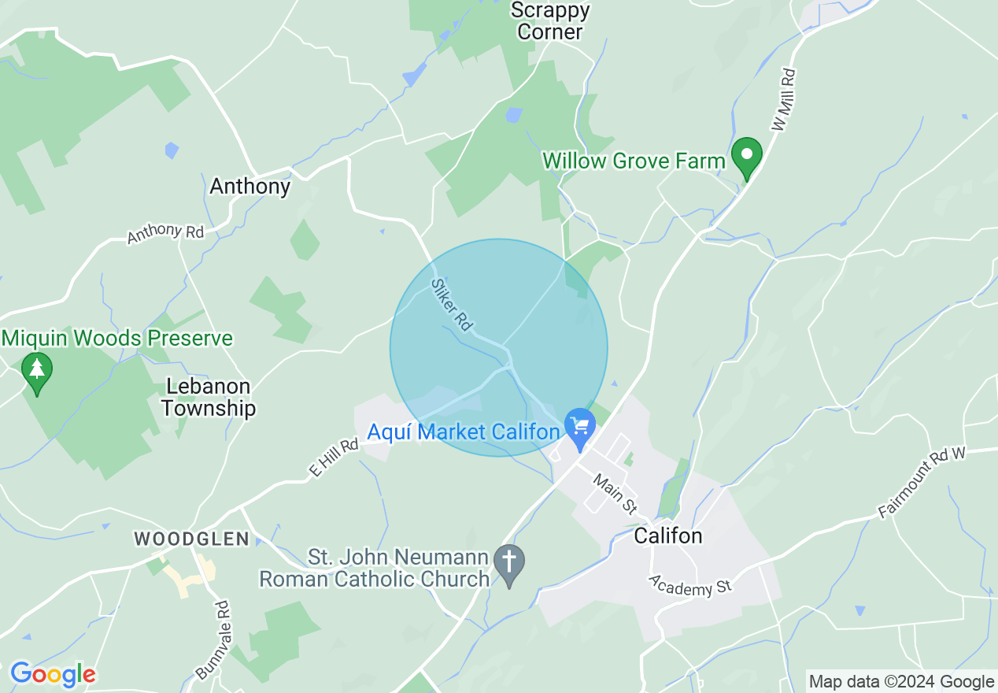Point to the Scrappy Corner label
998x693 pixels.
tap(550, 21)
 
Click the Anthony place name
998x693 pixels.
tap(250, 187)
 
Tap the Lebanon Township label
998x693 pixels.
tap(209, 398)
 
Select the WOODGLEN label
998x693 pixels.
tap(191, 539)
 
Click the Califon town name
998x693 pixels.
tap(667, 536)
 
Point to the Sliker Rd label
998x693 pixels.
tap(452, 304)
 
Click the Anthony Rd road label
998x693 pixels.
tap(165, 233)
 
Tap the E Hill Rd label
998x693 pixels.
tap(334, 458)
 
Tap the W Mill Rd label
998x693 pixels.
tap(784, 99)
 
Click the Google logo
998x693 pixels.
tap(53, 674)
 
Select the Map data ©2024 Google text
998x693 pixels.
tap(902, 682)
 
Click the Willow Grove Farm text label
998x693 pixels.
tap(634, 161)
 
